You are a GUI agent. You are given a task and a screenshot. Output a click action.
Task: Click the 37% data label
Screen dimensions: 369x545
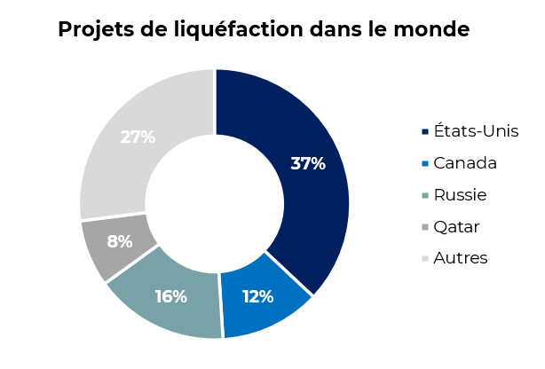308,163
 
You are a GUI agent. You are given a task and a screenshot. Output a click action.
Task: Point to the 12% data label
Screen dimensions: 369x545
257,296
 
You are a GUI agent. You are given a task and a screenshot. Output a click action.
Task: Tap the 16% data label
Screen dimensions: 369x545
170,296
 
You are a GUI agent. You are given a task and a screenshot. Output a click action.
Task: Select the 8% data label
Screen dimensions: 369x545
120,241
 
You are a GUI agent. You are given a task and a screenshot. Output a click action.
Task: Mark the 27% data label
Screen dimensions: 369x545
138,137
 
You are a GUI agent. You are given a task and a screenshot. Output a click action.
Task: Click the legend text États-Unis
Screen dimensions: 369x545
476,131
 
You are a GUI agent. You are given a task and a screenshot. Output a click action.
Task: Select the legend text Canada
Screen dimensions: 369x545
464,163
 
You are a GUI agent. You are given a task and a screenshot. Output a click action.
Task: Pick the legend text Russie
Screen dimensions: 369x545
460,195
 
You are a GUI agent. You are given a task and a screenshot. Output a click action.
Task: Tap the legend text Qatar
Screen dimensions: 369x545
456,227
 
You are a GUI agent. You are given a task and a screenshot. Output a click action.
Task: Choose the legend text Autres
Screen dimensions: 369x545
460,258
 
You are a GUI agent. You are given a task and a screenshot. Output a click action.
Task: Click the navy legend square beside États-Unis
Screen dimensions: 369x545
425,132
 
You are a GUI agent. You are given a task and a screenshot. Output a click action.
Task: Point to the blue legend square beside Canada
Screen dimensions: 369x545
425,164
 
